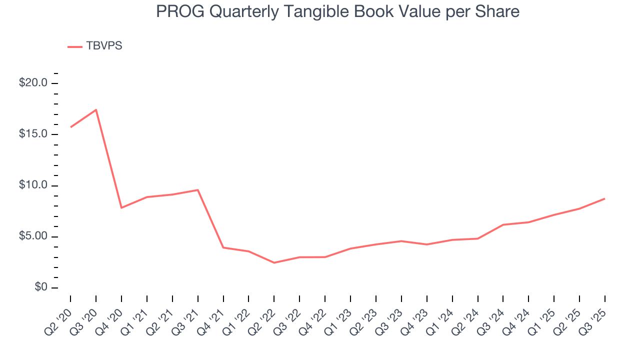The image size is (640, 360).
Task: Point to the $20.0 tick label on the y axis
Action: point(33,83)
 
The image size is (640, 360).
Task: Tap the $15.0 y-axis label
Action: point(33,134)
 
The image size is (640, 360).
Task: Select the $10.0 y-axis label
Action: point(33,185)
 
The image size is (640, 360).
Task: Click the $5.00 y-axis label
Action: point(33,236)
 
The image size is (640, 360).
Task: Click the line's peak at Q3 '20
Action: point(96,110)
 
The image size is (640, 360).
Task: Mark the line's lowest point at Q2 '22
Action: point(274,262)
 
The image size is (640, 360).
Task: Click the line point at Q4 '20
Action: point(121,207)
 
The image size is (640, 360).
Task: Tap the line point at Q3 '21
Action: point(198,190)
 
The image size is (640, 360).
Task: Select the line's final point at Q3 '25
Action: point(604,199)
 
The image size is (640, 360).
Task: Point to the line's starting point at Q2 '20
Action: point(70,127)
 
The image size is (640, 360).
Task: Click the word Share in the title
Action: point(497,11)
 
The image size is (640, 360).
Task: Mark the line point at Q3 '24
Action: point(502,224)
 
